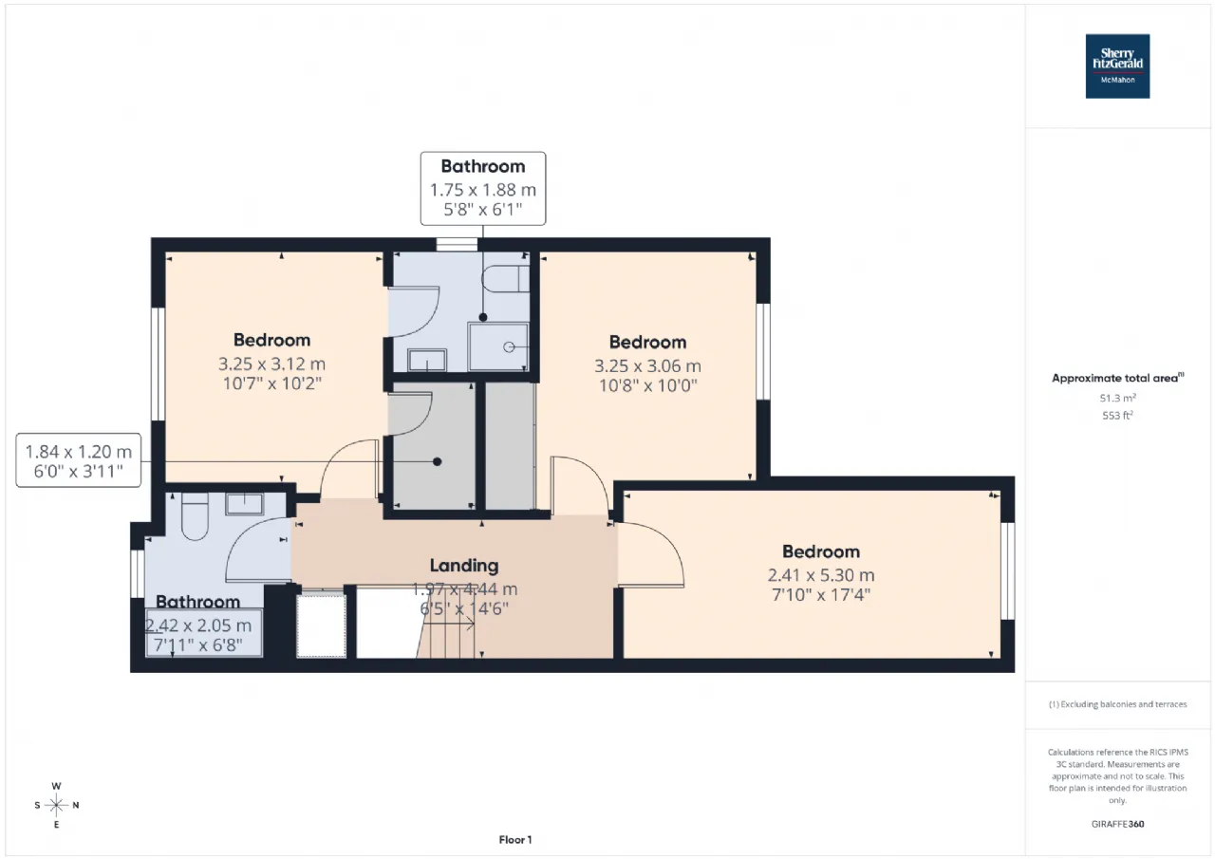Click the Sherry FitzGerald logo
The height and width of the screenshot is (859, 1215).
point(1117,66)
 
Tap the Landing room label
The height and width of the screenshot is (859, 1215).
point(464,566)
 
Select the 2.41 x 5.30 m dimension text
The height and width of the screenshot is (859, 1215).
point(821,575)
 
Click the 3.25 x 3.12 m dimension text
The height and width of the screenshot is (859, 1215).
point(271,364)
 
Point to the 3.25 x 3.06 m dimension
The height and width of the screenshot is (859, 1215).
point(647,365)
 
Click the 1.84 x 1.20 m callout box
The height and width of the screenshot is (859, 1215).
point(79,460)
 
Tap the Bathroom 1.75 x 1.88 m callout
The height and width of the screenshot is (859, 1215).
point(483,188)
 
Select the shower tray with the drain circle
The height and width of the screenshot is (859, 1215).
point(498,347)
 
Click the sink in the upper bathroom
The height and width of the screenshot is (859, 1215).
point(427,360)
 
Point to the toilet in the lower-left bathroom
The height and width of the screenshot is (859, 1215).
point(195,516)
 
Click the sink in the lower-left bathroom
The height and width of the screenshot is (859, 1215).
point(245,504)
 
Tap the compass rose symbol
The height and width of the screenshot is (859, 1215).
point(56,805)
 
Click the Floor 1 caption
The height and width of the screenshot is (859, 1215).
point(515,839)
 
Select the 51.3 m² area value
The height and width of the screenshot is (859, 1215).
point(1117,398)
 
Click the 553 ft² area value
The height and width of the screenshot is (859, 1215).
point(1117,415)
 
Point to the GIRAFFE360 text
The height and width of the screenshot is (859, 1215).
point(1117,824)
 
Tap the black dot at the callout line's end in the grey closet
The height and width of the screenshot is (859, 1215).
point(438,461)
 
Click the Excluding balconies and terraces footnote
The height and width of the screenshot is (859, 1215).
point(1117,704)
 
